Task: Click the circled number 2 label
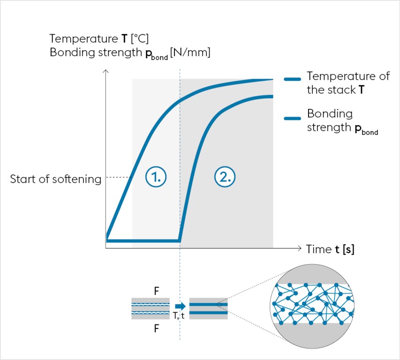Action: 224,177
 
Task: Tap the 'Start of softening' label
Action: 55,179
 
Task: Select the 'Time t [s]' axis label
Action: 330,249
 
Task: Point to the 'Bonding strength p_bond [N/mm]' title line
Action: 130,53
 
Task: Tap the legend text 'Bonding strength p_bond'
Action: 342,121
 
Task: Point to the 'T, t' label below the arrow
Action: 179,316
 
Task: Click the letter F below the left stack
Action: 156,329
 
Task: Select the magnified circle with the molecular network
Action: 312,306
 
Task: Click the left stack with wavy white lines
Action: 151,308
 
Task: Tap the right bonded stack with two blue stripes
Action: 208,308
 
